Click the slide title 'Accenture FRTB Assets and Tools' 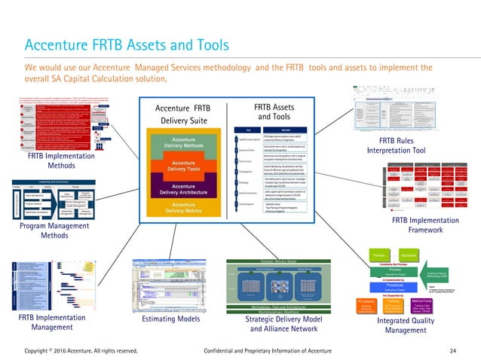[x=127, y=45]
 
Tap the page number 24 [x=453, y=350]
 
